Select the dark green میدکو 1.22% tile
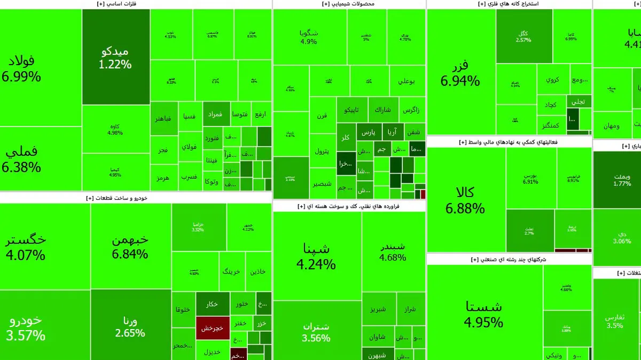[x=116, y=58]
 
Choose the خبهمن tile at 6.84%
[x=130, y=247]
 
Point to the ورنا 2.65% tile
[x=130, y=327]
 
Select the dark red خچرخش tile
[x=212, y=328]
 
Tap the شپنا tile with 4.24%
[x=317, y=256]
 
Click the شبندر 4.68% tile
[x=393, y=252]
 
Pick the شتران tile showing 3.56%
[x=317, y=331]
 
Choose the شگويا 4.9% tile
[x=309, y=37]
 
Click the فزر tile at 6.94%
[x=460, y=73]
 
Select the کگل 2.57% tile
[x=523, y=36]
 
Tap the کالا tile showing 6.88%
[x=465, y=200]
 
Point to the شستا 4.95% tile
[x=484, y=314]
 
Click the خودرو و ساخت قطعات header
[x=116, y=198]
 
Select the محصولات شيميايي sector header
[x=348, y=4]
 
